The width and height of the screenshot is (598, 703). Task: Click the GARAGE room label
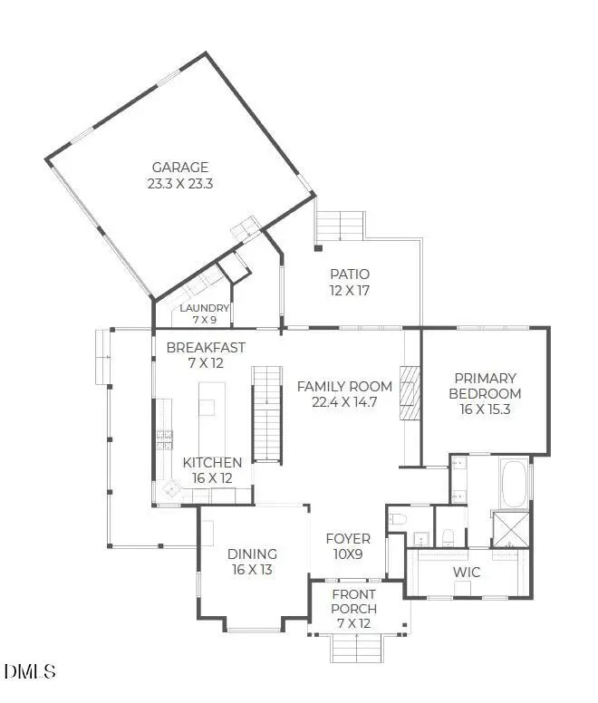tap(179, 167)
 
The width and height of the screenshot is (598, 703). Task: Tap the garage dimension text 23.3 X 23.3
tap(179, 182)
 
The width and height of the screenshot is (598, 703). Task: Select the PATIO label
tap(349, 274)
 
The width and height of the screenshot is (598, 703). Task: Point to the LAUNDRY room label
tap(204, 308)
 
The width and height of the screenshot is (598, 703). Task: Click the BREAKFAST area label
tap(206, 347)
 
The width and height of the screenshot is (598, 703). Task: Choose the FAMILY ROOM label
tap(343, 386)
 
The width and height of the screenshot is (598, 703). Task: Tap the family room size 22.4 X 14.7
tap(343, 401)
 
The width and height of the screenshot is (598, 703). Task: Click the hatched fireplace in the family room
tap(412, 392)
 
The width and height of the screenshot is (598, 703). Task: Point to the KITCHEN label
tap(212, 462)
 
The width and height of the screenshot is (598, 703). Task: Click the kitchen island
tap(207, 399)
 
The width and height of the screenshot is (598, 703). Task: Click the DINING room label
tap(252, 554)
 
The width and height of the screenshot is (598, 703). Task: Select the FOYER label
tap(348, 538)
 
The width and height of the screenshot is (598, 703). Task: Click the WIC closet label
tap(466, 573)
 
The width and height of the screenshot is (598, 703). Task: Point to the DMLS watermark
tap(30, 671)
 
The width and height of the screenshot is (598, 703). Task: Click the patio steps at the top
tap(341, 223)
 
